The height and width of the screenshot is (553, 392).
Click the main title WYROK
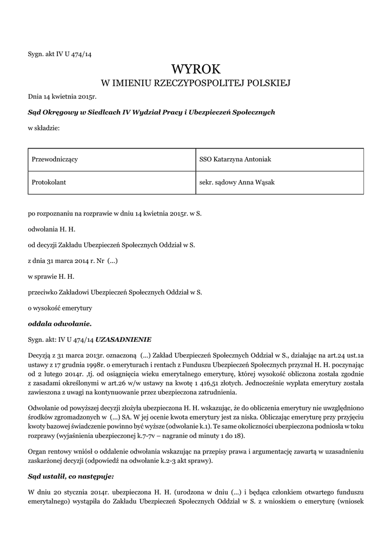196,69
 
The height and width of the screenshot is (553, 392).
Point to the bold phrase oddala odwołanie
60,323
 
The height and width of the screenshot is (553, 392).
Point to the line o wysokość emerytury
60,308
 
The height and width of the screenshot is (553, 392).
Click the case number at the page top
60,53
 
